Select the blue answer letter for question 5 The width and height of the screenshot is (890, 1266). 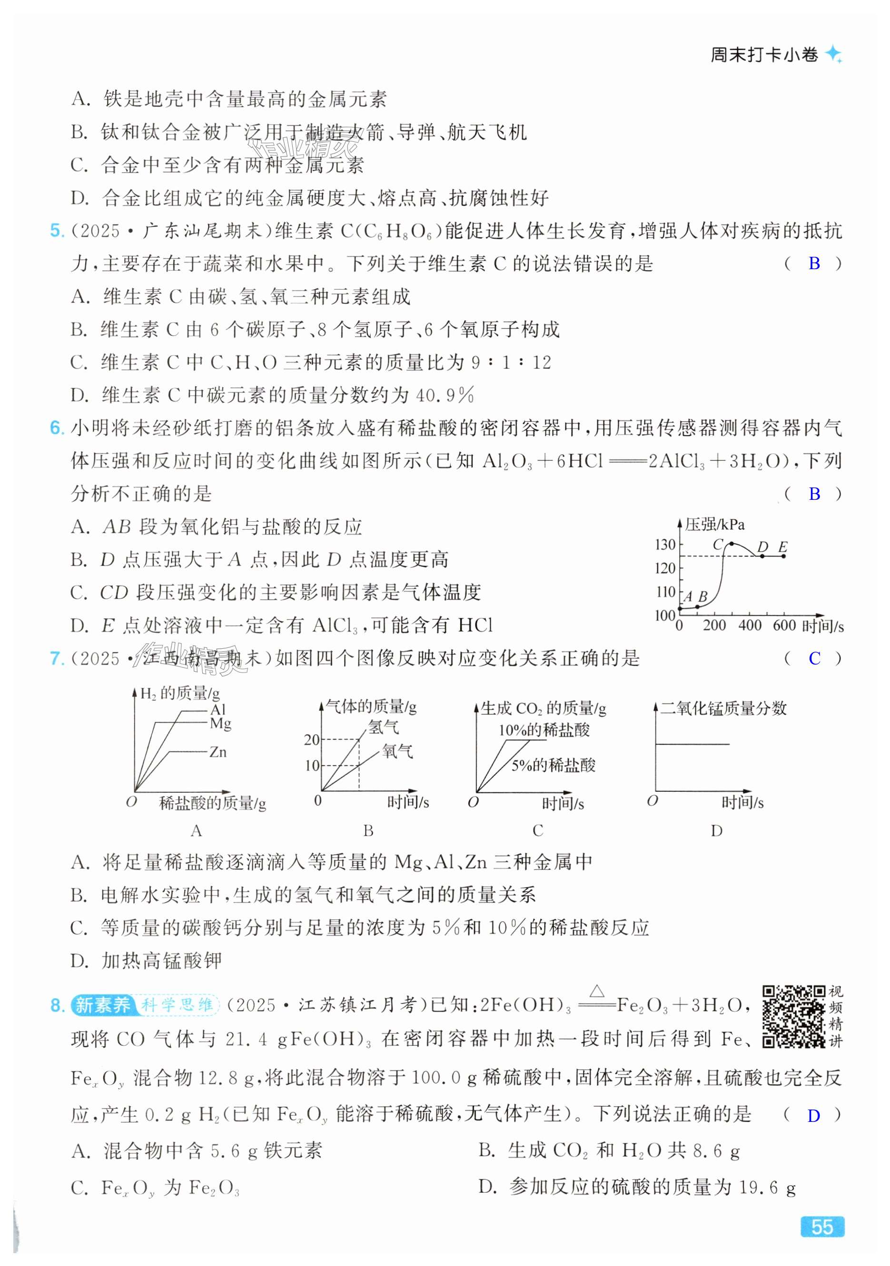(x=814, y=263)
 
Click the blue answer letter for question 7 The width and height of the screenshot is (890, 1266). (x=814, y=658)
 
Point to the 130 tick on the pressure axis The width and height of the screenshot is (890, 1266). (x=665, y=545)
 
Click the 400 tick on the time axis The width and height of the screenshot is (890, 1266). (x=750, y=625)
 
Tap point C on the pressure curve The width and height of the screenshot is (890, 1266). (x=731, y=544)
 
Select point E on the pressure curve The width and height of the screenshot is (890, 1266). (x=783, y=556)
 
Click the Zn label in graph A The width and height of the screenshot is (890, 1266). (x=218, y=751)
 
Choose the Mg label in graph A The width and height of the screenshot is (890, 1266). (x=220, y=723)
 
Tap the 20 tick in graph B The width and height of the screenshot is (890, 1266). (x=312, y=740)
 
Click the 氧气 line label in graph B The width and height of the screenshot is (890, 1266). (x=397, y=750)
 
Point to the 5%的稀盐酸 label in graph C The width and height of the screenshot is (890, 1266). (x=553, y=765)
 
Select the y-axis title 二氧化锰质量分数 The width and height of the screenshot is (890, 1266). (x=723, y=708)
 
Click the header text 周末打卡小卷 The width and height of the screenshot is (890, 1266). (x=764, y=55)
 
